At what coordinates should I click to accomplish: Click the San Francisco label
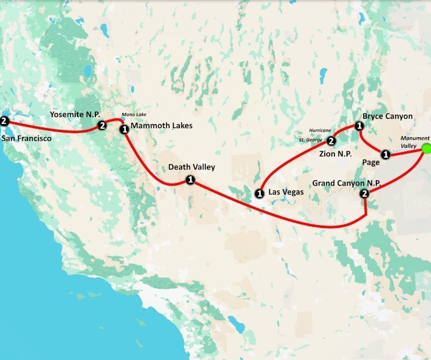click(26, 138)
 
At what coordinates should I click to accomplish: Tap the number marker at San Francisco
click(5, 121)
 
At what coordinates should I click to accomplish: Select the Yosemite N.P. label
click(75, 115)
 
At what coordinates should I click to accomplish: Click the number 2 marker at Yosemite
click(102, 126)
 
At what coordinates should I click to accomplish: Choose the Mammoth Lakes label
click(161, 126)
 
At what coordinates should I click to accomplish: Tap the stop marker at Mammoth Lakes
click(124, 130)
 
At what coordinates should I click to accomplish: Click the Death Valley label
click(191, 167)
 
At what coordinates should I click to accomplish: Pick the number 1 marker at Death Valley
click(190, 180)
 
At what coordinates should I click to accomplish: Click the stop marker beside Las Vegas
click(260, 193)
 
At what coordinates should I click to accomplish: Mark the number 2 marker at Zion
click(331, 141)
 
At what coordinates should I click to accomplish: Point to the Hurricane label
click(321, 130)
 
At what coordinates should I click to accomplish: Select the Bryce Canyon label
click(387, 116)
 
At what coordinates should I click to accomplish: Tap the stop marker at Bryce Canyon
click(359, 126)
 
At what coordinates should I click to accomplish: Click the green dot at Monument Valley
click(426, 149)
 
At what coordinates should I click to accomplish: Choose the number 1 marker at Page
click(386, 154)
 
